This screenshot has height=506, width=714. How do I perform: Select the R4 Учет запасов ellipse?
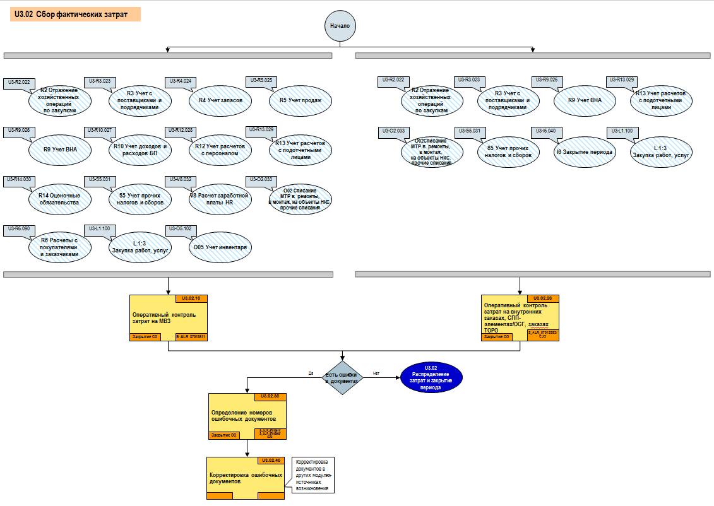220,100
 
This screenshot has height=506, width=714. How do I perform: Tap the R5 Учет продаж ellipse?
300,100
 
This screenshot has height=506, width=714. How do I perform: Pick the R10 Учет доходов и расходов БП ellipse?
140,150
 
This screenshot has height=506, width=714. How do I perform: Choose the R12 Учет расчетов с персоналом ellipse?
220,150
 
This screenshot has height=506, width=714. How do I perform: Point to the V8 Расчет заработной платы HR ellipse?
220,199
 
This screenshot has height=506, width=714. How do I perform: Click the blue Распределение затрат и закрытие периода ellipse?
431,378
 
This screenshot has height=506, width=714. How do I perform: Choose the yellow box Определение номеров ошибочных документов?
247,416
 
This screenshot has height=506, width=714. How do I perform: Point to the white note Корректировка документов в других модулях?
314,475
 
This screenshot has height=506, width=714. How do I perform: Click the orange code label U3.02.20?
543,298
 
